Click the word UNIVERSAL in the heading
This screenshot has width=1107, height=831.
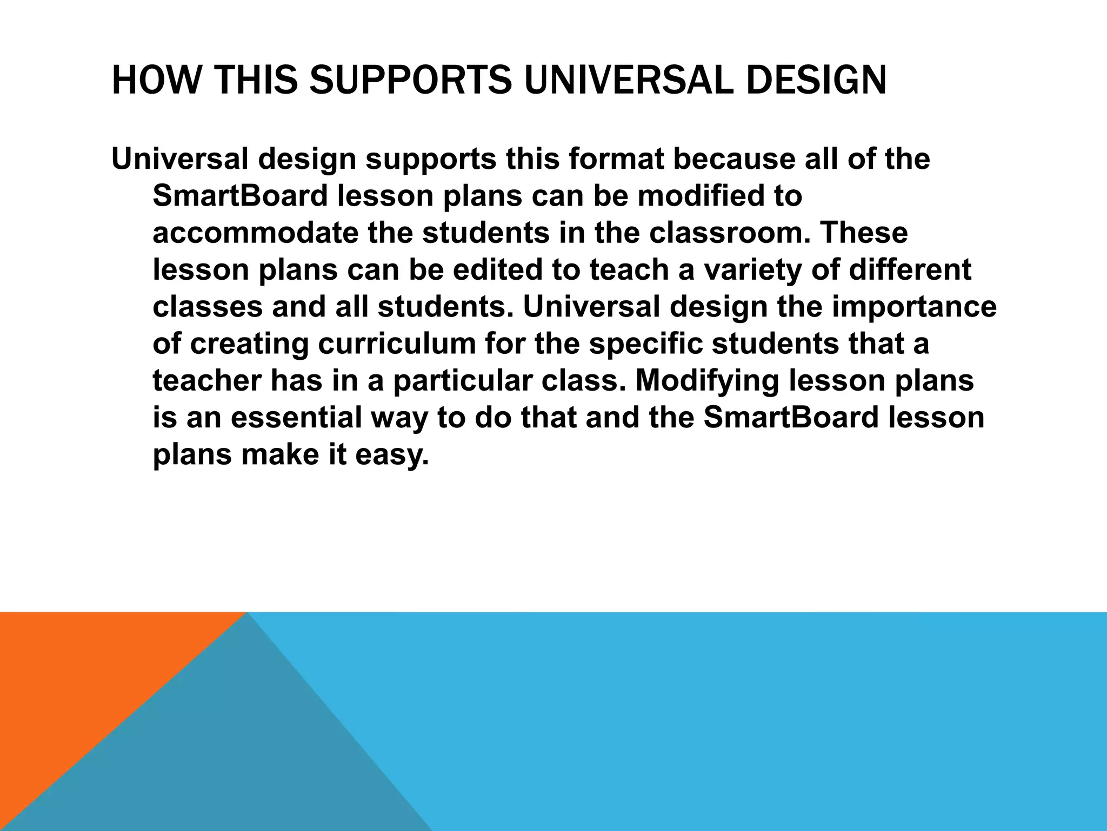point(629,80)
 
